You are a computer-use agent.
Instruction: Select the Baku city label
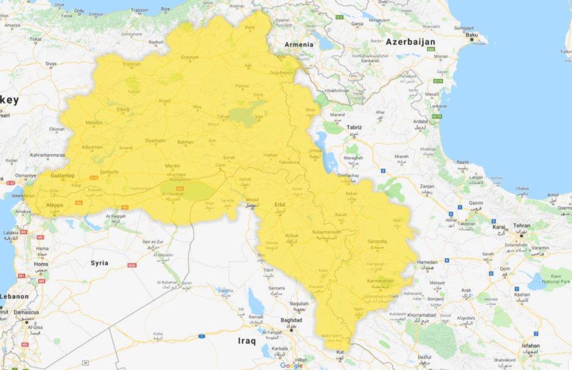[x=472, y=35]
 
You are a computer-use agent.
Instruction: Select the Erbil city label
[x=280, y=205]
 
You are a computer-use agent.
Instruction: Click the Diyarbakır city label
[x=156, y=141]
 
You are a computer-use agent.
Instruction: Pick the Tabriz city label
[x=354, y=127]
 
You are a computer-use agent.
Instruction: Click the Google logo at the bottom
[x=291, y=365]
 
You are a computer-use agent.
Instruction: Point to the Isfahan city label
[x=531, y=345]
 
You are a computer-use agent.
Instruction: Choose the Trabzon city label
[x=139, y=10]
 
